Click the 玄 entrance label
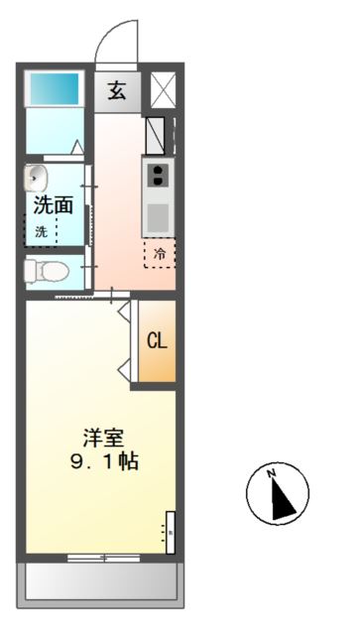(117, 90)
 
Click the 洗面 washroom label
(54, 205)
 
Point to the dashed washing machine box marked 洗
(42, 230)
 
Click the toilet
(45, 270)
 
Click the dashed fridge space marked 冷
(160, 253)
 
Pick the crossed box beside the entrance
(161, 89)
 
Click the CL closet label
(158, 341)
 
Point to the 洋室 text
(103, 438)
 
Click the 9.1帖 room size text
(103, 461)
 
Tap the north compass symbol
(278, 494)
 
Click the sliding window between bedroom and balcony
(102, 558)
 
